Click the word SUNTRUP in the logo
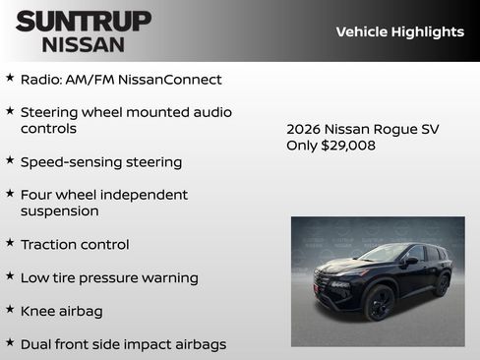pyautogui.click(x=84, y=21)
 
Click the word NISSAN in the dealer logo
pyautogui.click(x=84, y=43)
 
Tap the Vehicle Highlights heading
pyautogui.click(x=399, y=31)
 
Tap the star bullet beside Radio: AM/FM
pyautogui.click(x=10, y=78)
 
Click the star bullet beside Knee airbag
pyautogui.click(x=10, y=310)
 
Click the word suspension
pyautogui.click(x=59, y=211)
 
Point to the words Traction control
pyautogui.click(x=74, y=244)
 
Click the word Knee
pyautogui.click(x=38, y=311)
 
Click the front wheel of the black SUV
pyautogui.click(x=380, y=304)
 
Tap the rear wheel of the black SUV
pyautogui.click(x=442, y=285)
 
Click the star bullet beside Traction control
pyautogui.click(x=10, y=243)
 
